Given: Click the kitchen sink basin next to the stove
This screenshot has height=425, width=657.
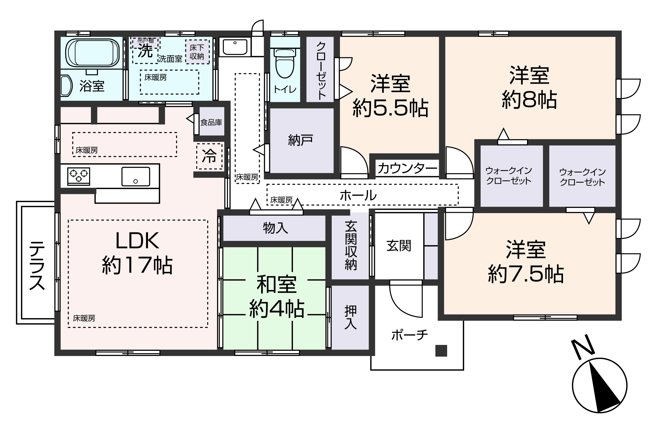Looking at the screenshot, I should pos(136,176).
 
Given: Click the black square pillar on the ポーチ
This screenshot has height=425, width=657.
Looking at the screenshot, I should pos(441,351).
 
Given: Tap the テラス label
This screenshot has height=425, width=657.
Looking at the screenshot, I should pos(37,265).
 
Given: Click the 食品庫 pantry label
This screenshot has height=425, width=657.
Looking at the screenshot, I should pos(211,123).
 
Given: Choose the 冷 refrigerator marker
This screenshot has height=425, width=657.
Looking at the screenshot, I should pos(209,156).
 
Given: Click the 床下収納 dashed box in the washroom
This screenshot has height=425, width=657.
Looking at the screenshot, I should pos(197,52).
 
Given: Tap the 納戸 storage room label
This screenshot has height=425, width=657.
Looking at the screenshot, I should pos(300,140).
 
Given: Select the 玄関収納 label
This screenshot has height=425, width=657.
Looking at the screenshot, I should pos(351,246).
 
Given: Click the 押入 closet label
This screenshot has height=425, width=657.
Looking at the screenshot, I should pos(351,318).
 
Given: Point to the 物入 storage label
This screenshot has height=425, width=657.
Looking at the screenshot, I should pos(275,228).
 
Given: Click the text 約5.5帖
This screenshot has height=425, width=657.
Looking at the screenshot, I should pos(391,108).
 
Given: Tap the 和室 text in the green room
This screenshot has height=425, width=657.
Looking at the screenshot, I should pos(276,285).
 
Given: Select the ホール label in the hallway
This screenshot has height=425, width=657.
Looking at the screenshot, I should pos(358,195).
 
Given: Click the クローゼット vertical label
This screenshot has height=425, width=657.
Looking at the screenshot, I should pos(321,70).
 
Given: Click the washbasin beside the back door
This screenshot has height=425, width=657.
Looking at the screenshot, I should pos(235,47).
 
